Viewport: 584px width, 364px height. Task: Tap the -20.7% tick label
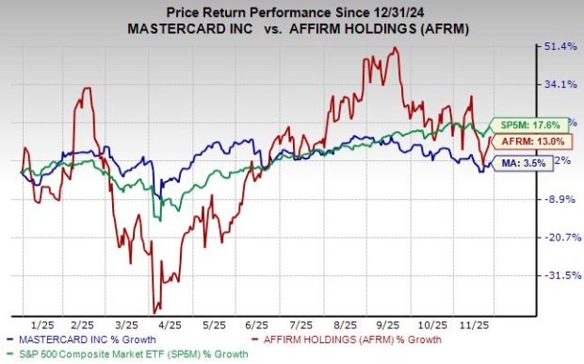[x=554, y=238]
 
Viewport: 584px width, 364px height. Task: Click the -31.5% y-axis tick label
[x=554, y=275]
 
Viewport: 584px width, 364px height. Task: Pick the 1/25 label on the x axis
[x=41, y=322]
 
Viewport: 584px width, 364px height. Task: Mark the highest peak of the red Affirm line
[x=393, y=48]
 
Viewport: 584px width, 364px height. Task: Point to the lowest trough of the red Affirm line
[x=154, y=312]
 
